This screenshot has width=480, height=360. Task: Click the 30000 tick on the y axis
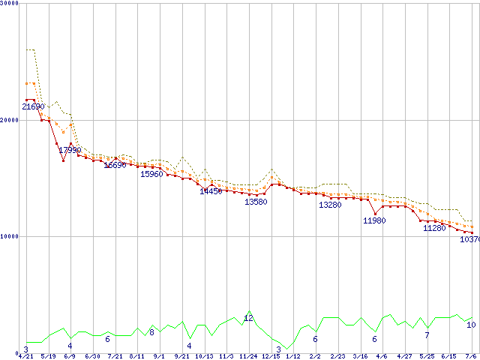tap(10, 4)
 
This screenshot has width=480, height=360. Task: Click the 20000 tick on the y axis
tap(10, 120)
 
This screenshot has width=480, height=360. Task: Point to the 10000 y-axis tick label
tap(10, 236)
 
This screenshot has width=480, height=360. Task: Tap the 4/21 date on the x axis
tap(26, 356)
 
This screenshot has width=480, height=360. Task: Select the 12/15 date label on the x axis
tap(270, 356)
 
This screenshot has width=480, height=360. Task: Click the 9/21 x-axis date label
tap(181, 356)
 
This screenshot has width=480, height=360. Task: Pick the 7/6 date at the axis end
tap(472, 356)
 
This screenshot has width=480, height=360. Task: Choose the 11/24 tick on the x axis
tap(248, 356)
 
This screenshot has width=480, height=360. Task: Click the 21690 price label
tap(33, 107)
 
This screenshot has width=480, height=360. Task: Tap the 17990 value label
tap(70, 151)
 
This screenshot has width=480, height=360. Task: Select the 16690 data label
tap(115, 165)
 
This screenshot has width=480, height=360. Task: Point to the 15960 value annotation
tap(151, 174)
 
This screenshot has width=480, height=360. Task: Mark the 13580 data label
tap(256, 202)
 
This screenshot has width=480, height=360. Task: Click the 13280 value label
tap(330, 205)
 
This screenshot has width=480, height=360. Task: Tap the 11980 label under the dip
tap(374, 220)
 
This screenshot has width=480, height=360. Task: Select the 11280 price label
tap(434, 228)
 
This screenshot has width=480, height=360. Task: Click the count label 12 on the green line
tap(248, 319)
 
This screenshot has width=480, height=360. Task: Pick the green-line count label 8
tap(151, 332)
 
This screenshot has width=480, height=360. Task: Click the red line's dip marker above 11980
tap(375, 214)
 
